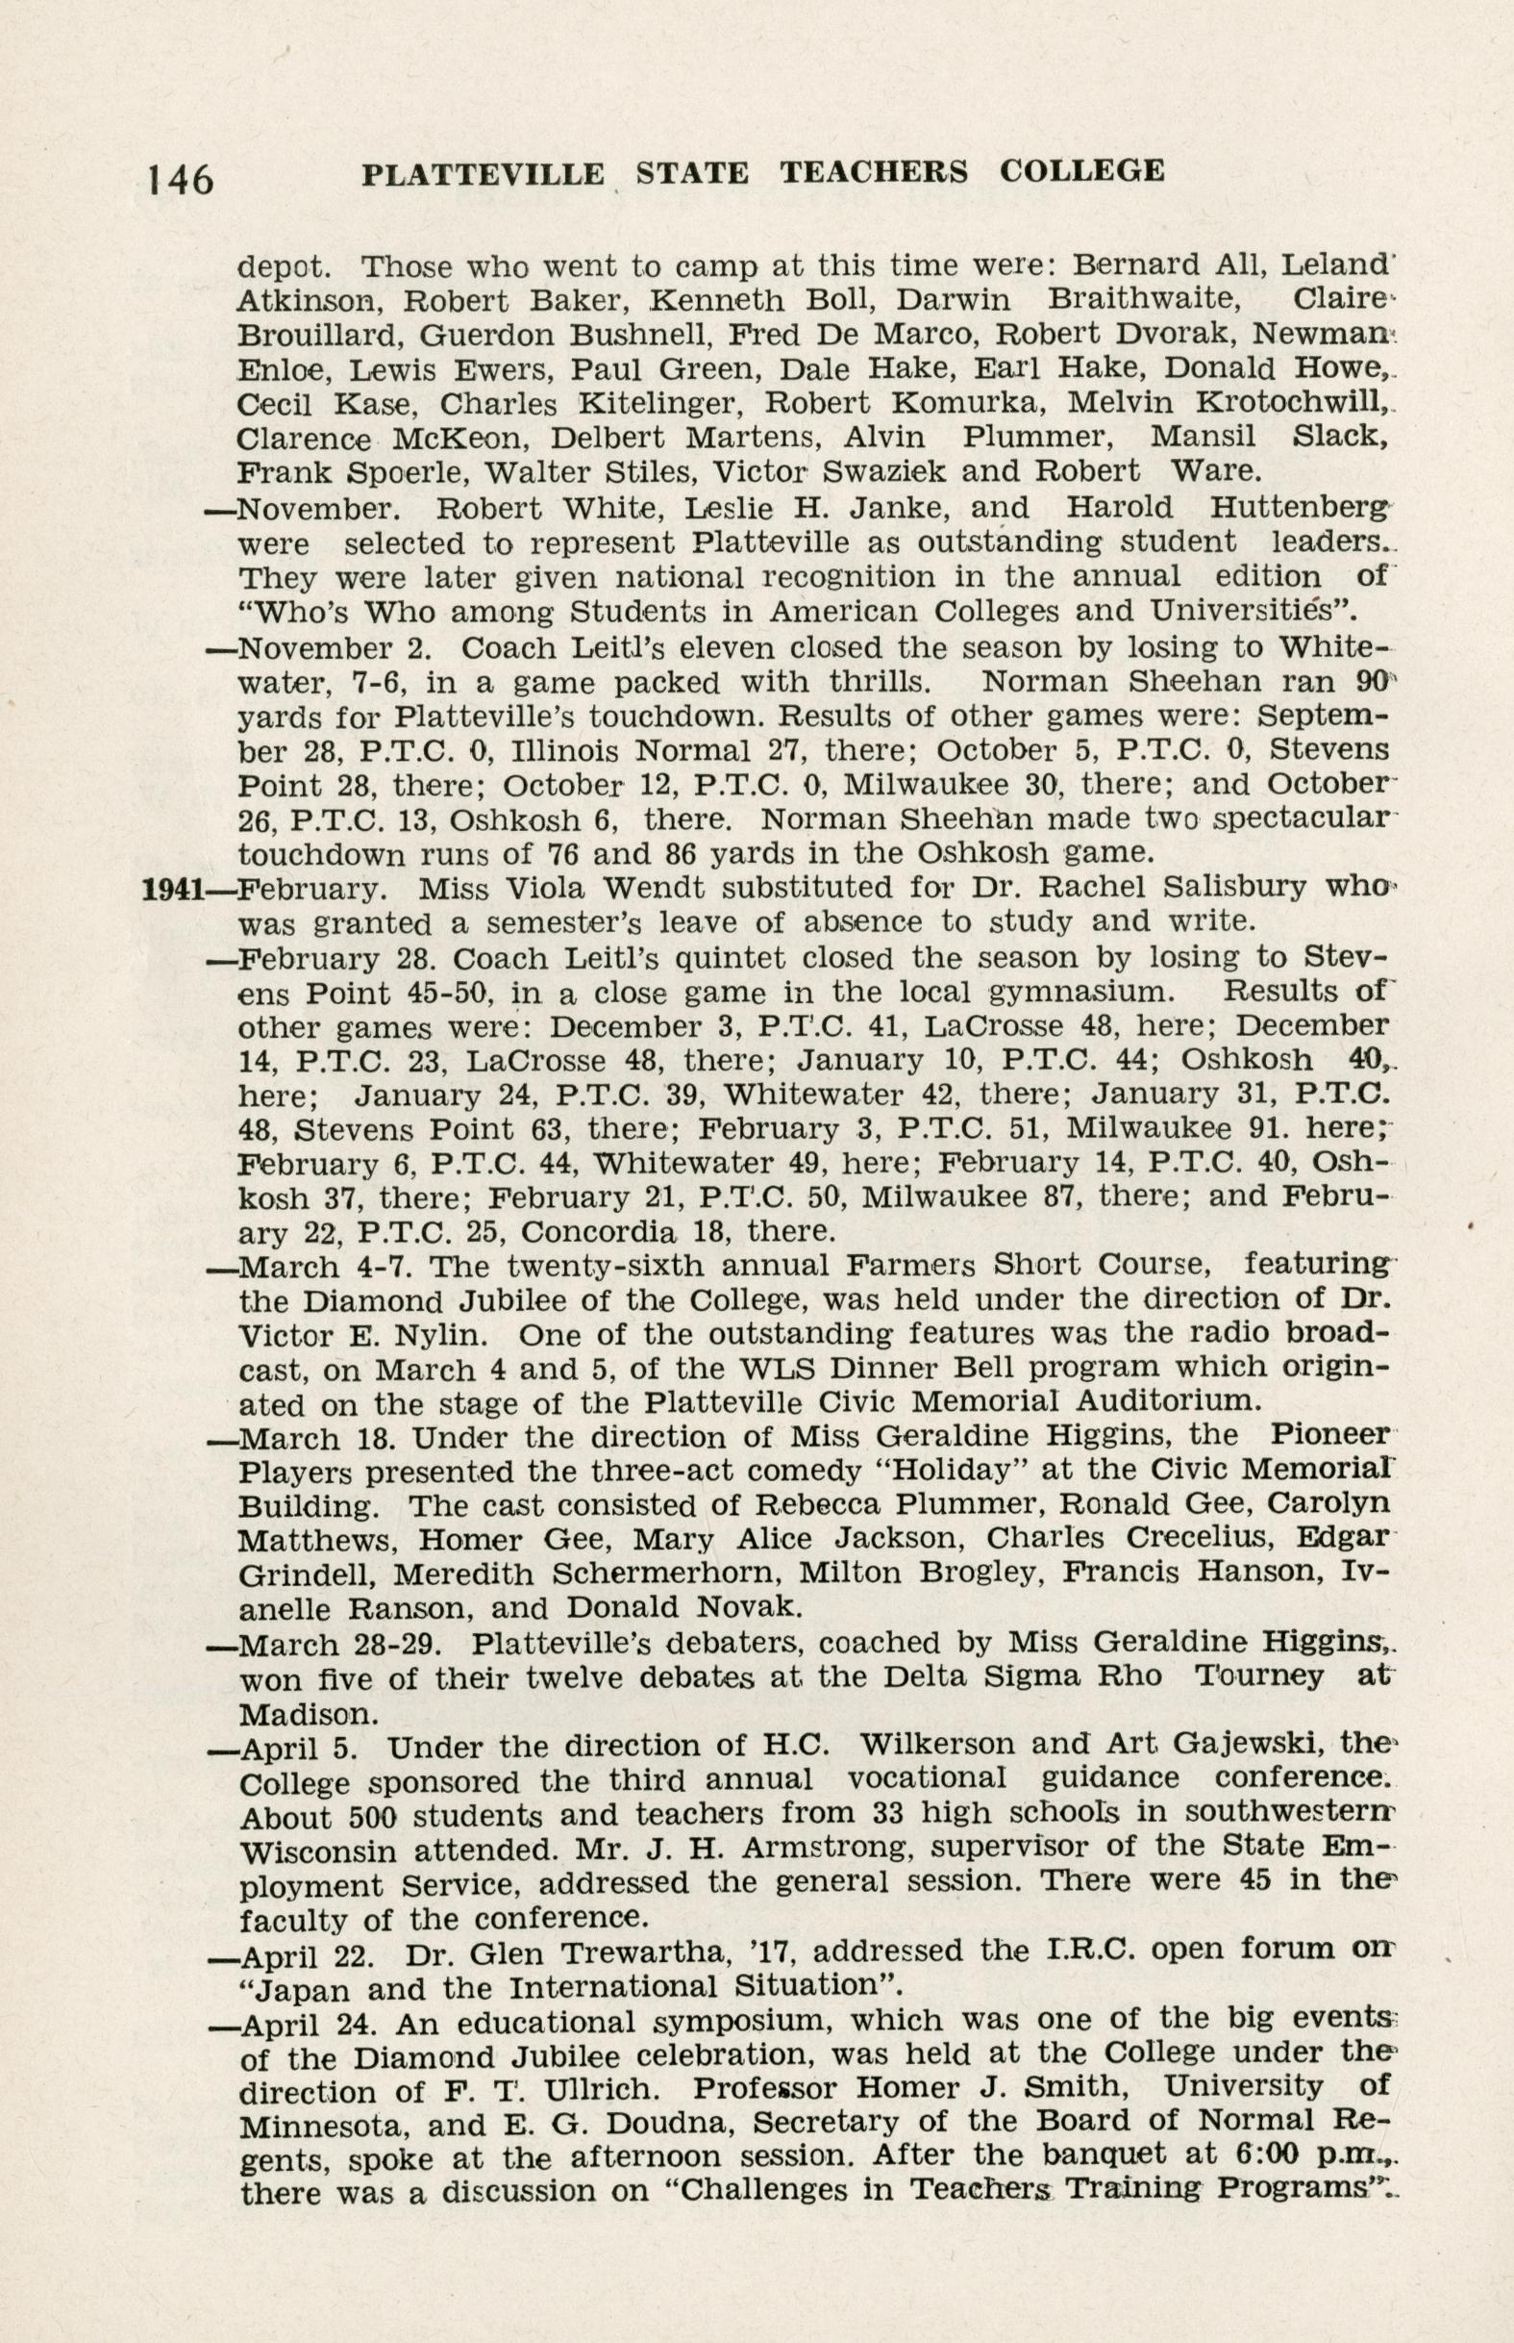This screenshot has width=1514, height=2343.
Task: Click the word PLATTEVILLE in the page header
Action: (483, 174)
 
